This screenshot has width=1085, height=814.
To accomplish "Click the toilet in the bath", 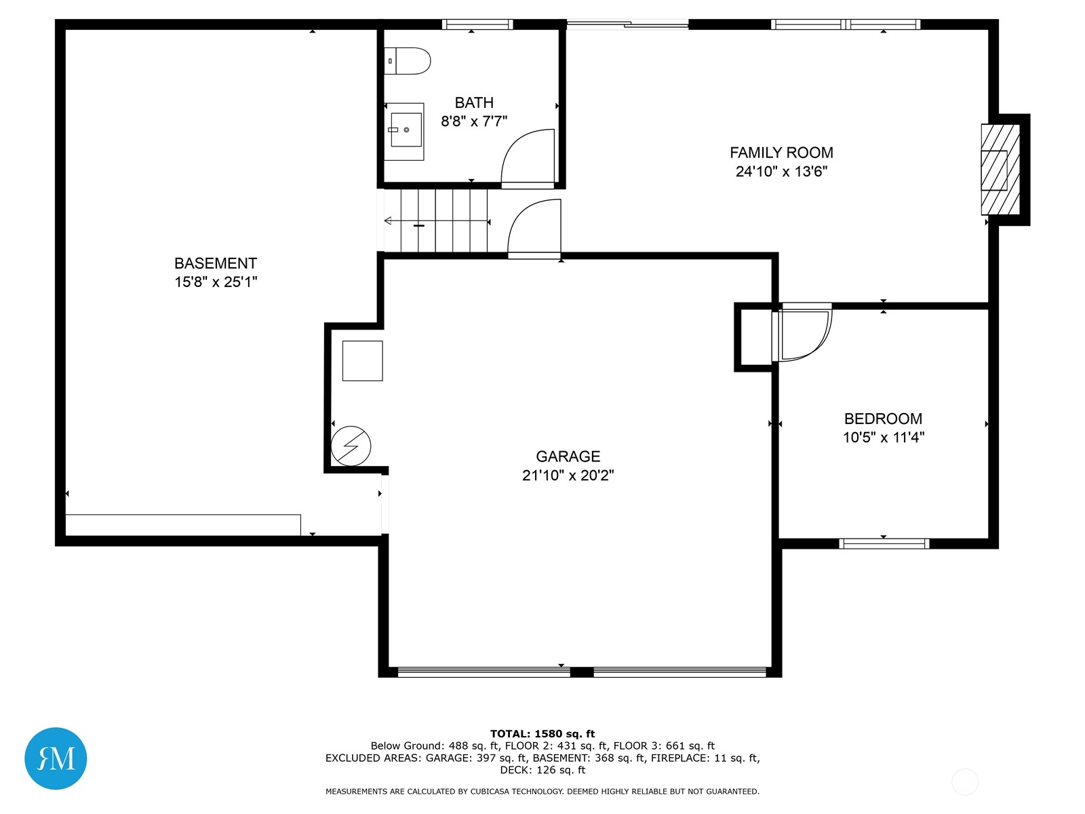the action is coord(407,61).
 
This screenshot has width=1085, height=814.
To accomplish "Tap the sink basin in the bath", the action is coord(406,130).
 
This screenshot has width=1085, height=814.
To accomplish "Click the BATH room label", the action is coord(473,103).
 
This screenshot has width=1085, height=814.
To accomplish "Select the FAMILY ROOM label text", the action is coord(781,153).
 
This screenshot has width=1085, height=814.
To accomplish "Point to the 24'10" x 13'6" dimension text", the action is coord(781,172).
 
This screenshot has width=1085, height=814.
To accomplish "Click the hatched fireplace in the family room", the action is coord(1000,170).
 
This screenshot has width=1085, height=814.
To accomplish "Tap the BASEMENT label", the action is coord(216,263).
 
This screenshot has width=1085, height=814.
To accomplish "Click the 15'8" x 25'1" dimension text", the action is coord(216,282).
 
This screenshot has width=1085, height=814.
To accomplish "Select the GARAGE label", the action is coord(568,456).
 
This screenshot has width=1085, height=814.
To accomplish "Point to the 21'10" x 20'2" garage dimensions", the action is coord(568,475).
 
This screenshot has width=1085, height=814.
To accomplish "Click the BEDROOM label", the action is coord(883,419).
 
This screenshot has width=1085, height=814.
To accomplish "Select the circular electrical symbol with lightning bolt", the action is coord(351,446).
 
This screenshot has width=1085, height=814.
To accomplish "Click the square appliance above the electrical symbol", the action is coord(362,361).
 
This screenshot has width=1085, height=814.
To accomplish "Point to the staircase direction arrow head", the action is coord(388,220).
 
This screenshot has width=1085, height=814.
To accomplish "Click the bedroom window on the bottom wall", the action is coord(884,543).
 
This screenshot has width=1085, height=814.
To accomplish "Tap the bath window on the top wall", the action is coord(477,24).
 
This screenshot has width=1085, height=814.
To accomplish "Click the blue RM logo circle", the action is coord(56,758).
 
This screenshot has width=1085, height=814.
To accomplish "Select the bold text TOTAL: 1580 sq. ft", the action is coord(542,734).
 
